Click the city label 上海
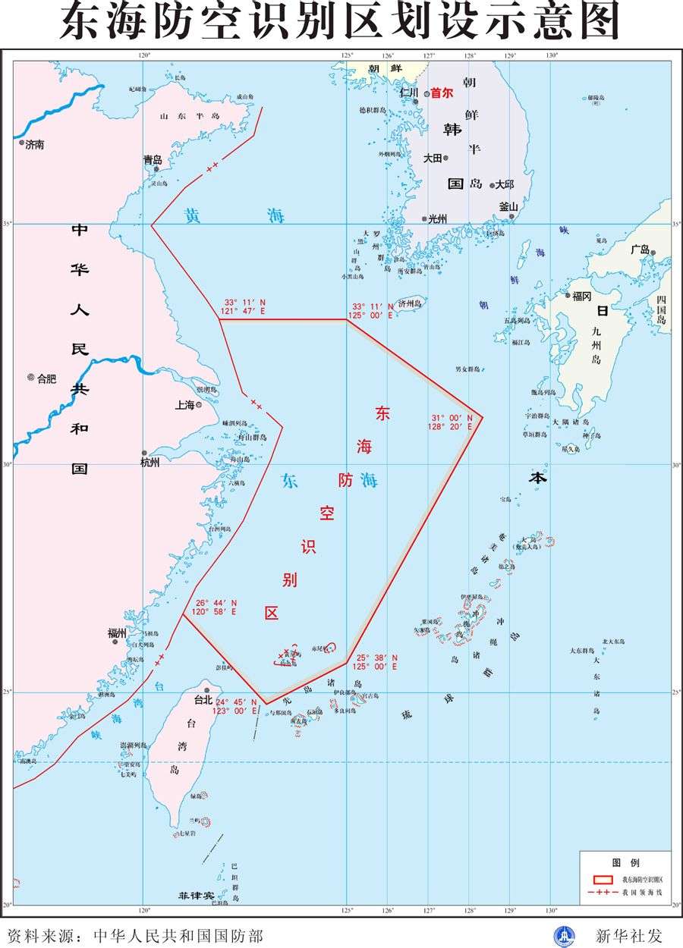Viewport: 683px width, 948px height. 185,405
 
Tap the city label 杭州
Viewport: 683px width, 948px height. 150,462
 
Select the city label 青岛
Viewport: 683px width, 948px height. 153,160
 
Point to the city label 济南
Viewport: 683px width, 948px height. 35,144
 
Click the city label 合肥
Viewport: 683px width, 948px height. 46,378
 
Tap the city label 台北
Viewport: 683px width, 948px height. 203,699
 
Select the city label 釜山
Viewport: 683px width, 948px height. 508,206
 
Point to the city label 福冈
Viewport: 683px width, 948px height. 582,296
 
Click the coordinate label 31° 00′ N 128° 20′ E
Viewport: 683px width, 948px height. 453,422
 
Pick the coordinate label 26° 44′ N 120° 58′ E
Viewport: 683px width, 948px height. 216,607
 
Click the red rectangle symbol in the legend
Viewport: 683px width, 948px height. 602,879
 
